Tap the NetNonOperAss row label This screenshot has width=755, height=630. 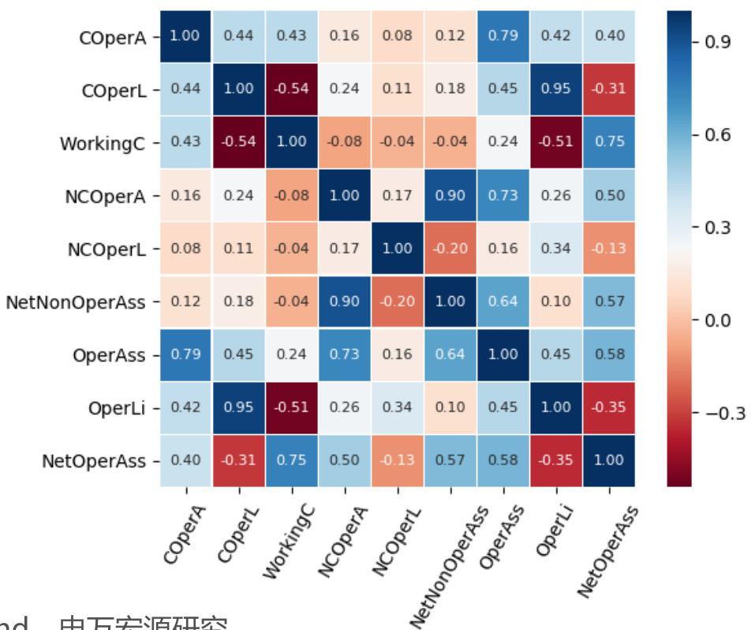(x=75, y=302)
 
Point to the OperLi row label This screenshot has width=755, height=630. (x=116, y=408)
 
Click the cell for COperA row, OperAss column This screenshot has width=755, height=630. (x=503, y=36)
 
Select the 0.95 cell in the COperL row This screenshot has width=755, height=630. (x=555, y=89)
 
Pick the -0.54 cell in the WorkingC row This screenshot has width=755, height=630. (x=238, y=142)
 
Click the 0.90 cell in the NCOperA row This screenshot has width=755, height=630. (x=450, y=195)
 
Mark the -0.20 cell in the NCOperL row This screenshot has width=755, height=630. (x=450, y=248)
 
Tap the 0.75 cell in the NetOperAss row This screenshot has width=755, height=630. (x=291, y=460)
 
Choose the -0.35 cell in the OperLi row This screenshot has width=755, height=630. (x=608, y=407)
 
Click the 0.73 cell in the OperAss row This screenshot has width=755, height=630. (x=344, y=354)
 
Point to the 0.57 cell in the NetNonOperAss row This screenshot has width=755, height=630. (x=608, y=301)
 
